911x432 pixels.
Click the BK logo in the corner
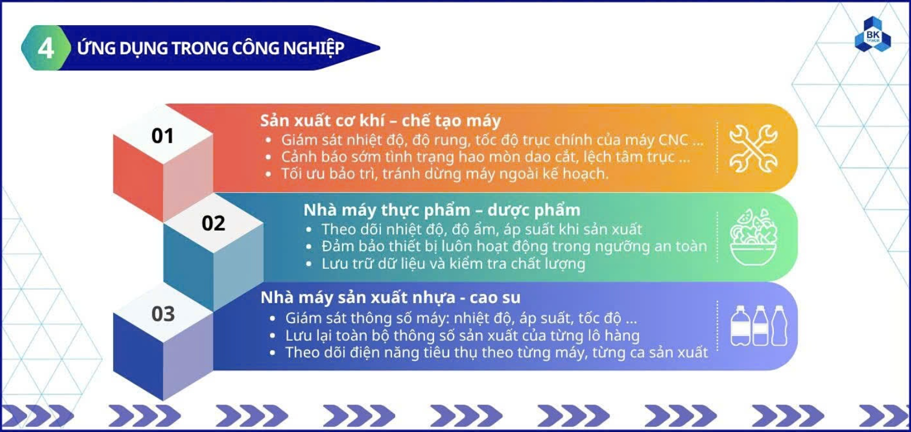873,35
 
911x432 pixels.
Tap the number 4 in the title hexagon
46,49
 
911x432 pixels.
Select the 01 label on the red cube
163,136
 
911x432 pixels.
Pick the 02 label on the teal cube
214,223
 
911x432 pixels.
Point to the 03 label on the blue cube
163,314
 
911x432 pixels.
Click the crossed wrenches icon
753,148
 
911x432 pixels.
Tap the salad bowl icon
753,237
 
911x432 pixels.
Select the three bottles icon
759,325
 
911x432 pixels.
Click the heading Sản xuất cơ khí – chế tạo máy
380,120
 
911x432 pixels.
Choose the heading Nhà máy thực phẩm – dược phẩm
442,210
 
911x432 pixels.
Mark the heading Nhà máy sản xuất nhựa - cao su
391,297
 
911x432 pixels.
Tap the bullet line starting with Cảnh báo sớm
485,157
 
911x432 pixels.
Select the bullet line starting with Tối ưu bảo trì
445,174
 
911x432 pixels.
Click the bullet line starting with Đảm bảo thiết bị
514,247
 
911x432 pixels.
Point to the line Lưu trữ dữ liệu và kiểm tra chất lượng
454,264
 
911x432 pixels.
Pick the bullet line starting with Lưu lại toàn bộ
463,336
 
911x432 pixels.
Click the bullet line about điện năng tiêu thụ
496,352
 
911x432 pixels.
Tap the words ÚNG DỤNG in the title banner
122,49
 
